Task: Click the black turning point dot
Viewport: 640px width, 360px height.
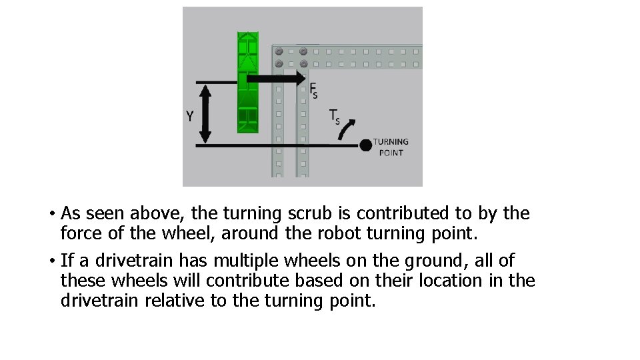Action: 365,145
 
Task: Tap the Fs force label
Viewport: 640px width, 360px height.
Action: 313,90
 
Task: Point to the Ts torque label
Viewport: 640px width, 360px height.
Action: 335,117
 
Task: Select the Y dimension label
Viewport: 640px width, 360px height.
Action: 190,117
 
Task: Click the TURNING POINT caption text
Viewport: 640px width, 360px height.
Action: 391,147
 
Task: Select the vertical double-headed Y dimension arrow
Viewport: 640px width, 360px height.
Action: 205,113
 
